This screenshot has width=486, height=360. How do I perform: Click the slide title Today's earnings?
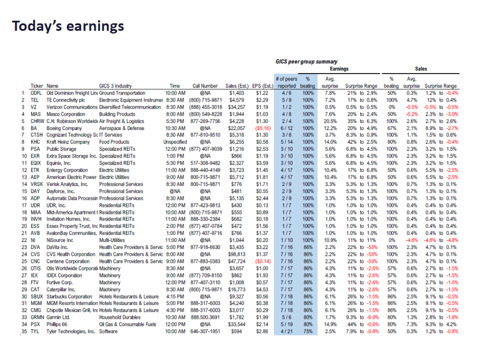click(68, 26)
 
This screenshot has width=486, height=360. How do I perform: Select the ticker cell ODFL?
click(37, 93)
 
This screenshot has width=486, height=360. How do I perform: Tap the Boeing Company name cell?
click(64, 128)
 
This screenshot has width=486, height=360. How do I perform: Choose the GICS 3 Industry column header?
click(115, 86)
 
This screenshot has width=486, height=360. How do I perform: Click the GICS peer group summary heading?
click(307, 62)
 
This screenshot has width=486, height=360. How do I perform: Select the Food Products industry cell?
click(114, 142)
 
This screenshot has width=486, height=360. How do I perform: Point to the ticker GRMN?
click(38, 317)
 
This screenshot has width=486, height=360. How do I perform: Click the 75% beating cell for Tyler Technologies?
click(308, 332)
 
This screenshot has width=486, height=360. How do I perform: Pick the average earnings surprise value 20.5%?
click(330, 121)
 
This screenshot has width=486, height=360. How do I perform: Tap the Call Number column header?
click(205, 86)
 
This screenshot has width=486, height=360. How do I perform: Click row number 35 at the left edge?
click(23, 332)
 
